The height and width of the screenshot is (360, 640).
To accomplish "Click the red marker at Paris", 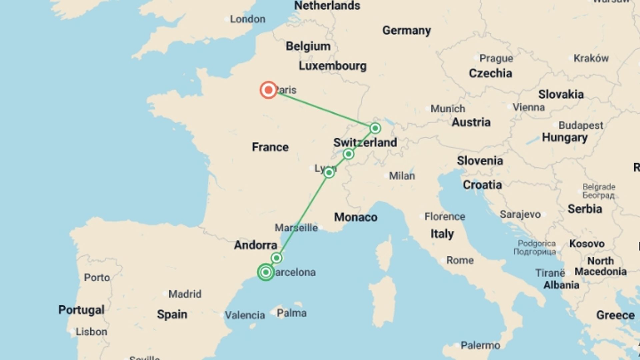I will click(268, 90).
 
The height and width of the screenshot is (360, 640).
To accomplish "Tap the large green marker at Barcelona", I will click(266, 272).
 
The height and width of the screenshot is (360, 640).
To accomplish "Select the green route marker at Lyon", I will click(329, 173).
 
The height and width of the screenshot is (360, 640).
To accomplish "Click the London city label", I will click(248, 19).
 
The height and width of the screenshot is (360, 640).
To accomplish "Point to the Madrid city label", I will click(185, 294).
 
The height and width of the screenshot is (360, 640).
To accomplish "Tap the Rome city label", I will click(460, 260).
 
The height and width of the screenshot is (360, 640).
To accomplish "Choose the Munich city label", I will click(448, 109).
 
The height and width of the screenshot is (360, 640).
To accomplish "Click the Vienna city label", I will click(528, 107).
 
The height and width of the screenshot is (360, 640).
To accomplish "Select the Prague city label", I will click(496, 58).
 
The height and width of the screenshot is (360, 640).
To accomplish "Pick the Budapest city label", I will click(581, 126).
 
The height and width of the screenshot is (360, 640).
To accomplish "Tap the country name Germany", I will click(406, 30).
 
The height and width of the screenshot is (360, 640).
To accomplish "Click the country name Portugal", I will click(81, 310).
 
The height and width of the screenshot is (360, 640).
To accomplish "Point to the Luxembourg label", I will click(332, 66).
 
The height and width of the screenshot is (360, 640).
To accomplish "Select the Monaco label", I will click(356, 217).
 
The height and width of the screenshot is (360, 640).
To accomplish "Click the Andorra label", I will click(255, 245).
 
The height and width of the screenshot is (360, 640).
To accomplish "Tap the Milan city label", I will click(402, 176).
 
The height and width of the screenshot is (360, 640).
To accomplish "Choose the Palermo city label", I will click(480, 345).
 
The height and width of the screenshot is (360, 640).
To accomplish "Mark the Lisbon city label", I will click(91, 332).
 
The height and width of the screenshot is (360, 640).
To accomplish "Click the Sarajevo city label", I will click(520, 214).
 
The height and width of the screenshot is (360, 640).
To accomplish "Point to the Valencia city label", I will click(245, 315).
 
